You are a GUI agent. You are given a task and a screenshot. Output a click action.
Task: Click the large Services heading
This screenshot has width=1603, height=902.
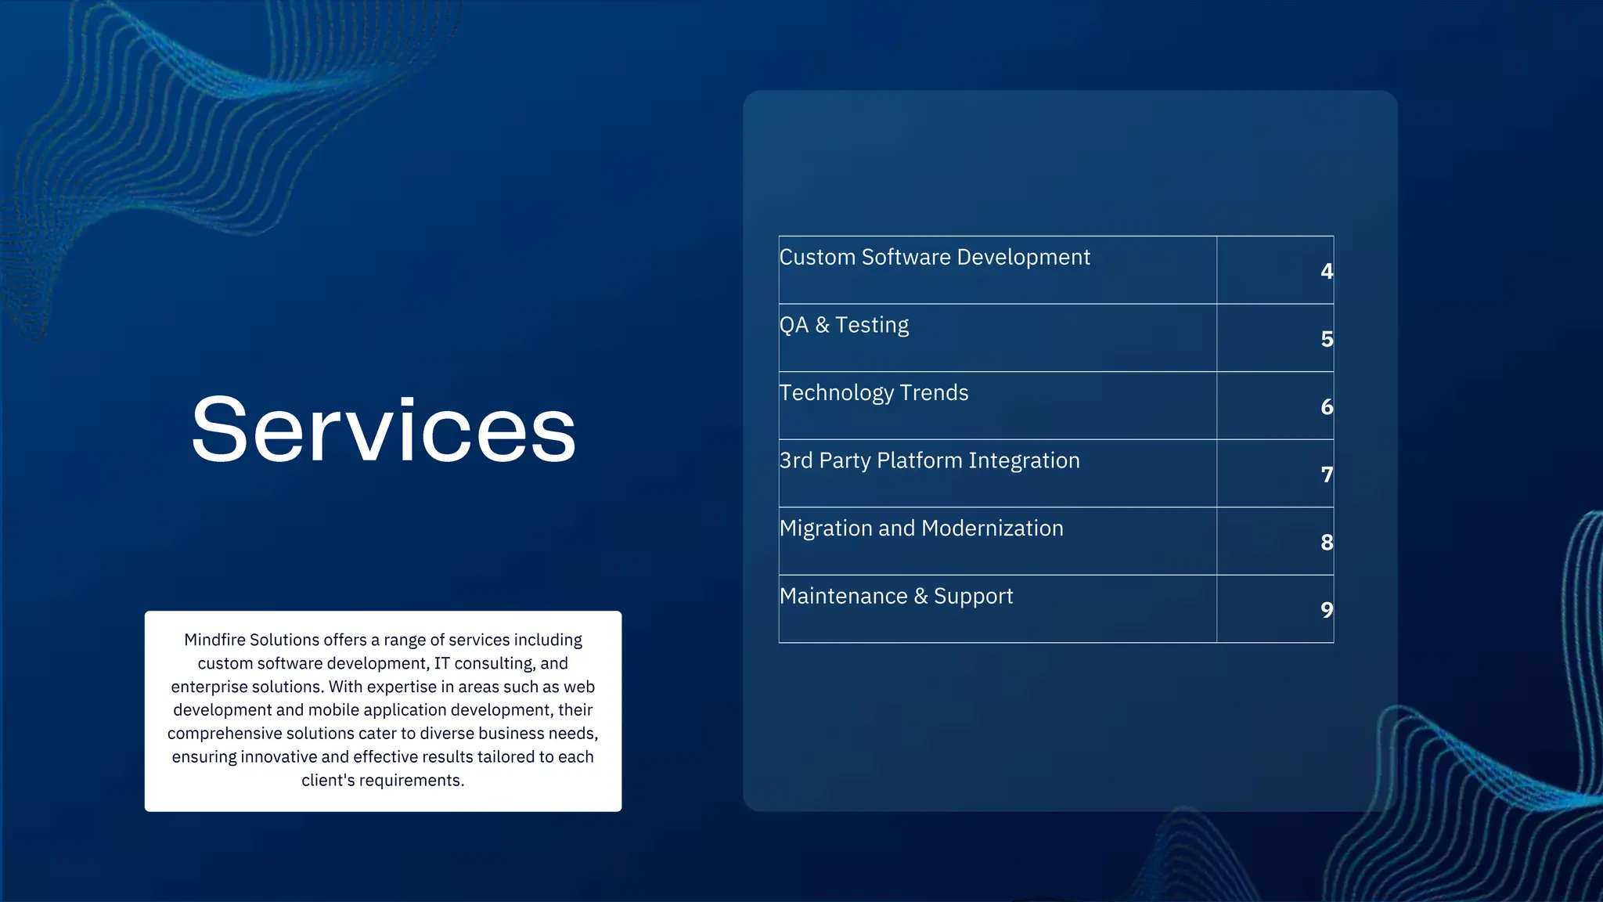[x=384, y=430]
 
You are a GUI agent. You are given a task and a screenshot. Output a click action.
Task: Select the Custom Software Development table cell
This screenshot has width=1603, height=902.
[x=935, y=258]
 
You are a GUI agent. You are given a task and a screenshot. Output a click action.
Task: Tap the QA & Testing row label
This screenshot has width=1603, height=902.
[x=844, y=325]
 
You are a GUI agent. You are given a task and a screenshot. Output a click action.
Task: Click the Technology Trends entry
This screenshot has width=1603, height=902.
[x=874, y=393]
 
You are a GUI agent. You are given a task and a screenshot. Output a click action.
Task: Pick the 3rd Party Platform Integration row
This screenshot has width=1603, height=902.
[x=929, y=460]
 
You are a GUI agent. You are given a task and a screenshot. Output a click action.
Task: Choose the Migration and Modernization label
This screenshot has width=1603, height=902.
[x=921, y=529]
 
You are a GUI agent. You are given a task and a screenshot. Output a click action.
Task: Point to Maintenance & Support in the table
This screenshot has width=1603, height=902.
[x=896, y=597]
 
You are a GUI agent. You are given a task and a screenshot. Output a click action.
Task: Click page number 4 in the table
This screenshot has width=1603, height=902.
[x=1326, y=271]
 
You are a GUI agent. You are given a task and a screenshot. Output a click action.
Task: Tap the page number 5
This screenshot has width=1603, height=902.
[x=1326, y=339]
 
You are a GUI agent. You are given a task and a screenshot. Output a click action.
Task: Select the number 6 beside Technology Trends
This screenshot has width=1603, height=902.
[x=1326, y=407]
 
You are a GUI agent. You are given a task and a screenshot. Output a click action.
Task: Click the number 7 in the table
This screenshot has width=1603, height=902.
[x=1326, y=474]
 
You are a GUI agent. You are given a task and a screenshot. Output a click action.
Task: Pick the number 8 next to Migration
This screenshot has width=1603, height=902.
[x=1326, y=543]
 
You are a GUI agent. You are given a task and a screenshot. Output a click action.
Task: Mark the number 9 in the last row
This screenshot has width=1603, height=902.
[x=1326, y=610]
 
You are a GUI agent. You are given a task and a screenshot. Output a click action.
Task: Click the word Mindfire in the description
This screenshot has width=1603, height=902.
[x=214, y=640]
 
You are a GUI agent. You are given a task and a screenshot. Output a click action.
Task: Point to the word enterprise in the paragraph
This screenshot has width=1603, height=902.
[x=207, y=687]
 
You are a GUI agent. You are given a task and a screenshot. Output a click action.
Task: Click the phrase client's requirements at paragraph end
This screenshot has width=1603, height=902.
[x=383, y=781]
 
